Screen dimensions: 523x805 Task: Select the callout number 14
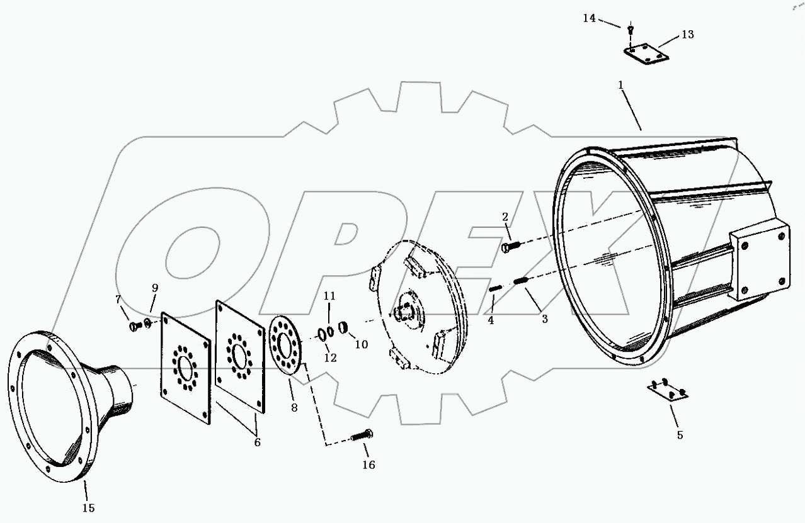[589, 18]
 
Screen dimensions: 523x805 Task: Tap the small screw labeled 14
[631, 28]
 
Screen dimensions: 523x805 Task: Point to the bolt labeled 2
[510, 246]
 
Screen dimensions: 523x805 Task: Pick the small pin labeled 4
[495, 289]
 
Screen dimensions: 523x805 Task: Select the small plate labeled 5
[668, 391]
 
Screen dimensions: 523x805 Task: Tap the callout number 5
[680, 435]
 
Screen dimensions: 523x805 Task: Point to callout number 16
[368, 465]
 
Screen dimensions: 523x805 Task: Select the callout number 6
[257, 442]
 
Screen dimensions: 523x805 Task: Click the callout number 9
[154, 288]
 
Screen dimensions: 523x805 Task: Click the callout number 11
[330, 296]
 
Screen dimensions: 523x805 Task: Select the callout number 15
[89, 507]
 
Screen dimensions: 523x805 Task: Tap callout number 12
[330, 357]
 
